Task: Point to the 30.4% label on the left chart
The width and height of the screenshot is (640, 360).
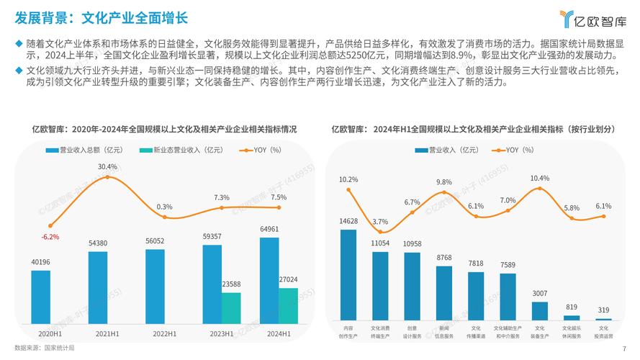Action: [x=107, y=166]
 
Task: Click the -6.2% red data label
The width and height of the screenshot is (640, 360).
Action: [x=50, y=237]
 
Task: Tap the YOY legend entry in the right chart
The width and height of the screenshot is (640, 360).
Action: [x=510, y=150]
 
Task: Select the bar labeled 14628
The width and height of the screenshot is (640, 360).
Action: [x=348, y=274]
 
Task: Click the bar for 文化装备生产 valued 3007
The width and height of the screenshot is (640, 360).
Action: [x=540, y=310]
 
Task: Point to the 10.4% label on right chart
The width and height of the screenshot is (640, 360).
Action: [x=539, y=178]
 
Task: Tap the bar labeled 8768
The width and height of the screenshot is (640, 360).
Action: [x=444, y=292]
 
